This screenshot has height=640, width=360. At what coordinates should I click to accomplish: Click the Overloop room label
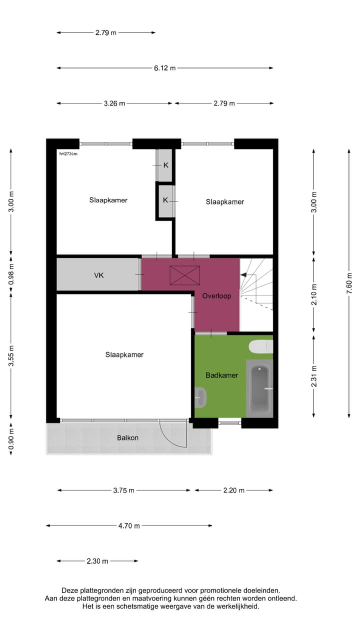pyautogui.click(x=216, y=296)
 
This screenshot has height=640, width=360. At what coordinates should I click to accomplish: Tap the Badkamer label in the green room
pyautogui.click(x=221, y=375)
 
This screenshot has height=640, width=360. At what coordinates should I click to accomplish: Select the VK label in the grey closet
pyautogui.click(x=99, y=275)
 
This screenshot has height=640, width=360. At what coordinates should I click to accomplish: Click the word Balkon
pyautogui.click(x=127, y=438)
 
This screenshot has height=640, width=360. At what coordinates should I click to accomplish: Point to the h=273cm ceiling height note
pyautogui.click(x=68, y=153)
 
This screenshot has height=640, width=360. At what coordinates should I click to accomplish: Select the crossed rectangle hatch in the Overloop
pyautogui.click(x=184, y=275)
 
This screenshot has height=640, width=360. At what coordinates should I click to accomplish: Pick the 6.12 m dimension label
pyautogui.click(x=164, y=68)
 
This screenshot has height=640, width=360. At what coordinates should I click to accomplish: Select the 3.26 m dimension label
pyautogui.click(x=114, y=103)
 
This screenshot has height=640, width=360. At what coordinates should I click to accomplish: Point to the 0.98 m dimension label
pyautogui.click(x=11, y=274)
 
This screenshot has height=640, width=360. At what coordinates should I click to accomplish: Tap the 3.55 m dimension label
pyautogui.click(x=11, y=356)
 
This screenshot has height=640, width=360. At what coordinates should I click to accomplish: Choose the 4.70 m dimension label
pyautogui.click(x=129, y=525)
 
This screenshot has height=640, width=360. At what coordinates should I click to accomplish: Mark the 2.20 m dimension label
pyautogui.click(x=233, y=490)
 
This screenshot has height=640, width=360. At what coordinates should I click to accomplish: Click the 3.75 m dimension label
pyautogui.click(x=123, y=490)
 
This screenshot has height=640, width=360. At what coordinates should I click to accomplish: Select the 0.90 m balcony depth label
pyautogui.click(x=11, y=439)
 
